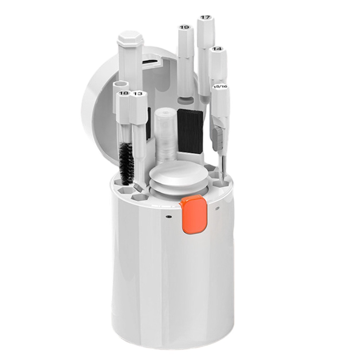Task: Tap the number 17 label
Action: pos(205,18)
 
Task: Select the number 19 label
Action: pos(184,27)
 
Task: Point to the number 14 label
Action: pos(217,49)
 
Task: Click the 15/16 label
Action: pos(220,86)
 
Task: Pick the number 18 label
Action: pos(123,93)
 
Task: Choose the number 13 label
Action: pos(138,94)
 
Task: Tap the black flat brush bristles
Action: pos(190,131)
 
